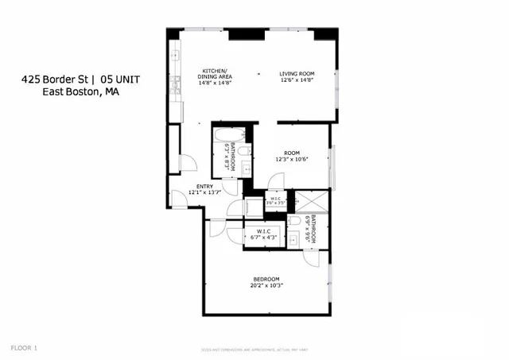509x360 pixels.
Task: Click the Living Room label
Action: pyautogui.click(x=297, y=74)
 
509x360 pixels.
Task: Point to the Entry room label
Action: pyautogui.click(x=204, y=186)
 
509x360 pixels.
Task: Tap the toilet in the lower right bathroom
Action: pyautogui.click(x=293, y=222)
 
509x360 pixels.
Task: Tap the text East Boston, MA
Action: pyautogui.click(x=80, y=92)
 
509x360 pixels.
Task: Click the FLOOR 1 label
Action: pyautogui.click(x=24, y=347)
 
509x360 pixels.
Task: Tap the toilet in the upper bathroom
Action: pyautogui.click(x=247, y=151)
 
